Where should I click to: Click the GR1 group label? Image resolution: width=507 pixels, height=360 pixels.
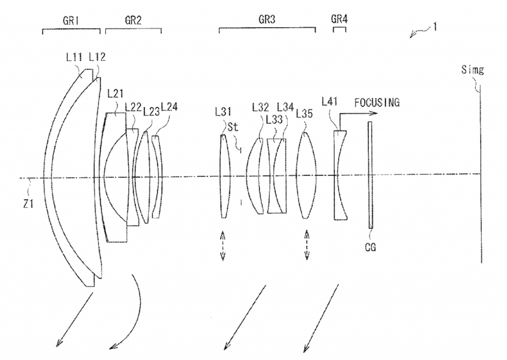pos(71,21)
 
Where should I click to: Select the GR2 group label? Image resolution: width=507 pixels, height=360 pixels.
pos(133,20)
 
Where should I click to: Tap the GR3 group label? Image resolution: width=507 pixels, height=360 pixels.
pos(267,20)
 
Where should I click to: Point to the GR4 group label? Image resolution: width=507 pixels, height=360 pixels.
pos(339,19)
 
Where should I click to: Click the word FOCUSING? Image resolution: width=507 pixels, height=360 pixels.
pos(377,103)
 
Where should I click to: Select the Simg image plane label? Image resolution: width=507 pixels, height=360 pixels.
pos(472,70)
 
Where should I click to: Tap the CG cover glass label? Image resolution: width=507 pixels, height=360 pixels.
pos(371,247)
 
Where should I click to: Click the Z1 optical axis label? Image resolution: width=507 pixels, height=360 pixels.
pos(28,204)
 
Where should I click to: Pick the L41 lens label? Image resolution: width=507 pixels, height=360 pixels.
pos(330,101)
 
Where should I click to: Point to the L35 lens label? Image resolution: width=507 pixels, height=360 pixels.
pos(304,113)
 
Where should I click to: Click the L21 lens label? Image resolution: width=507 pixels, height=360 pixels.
pos(115,94)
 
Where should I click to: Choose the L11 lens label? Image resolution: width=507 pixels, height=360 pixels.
pos(74,57)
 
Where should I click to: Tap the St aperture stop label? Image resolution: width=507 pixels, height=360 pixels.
pos(233,127)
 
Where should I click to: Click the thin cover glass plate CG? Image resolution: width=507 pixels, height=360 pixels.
pos(370,175)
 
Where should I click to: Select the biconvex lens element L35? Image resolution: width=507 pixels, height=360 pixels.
pos(306,176)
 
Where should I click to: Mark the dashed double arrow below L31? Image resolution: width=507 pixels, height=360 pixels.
pos(223,245)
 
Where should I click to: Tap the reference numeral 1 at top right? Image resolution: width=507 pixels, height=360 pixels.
pos(435,27)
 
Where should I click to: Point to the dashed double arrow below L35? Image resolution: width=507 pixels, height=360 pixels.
pos(307,245)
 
